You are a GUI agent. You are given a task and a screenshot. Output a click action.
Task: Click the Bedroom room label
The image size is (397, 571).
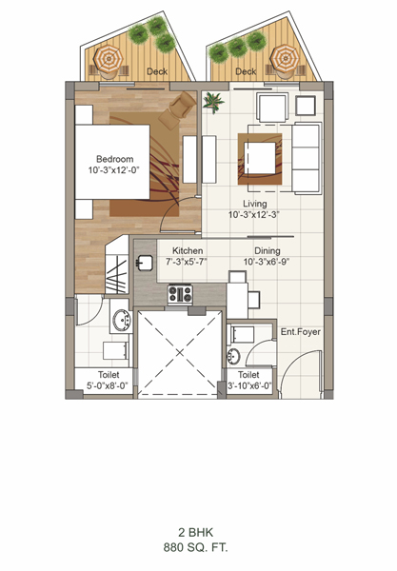115,159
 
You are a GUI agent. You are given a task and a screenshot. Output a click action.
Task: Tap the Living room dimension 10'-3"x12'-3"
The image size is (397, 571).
253,215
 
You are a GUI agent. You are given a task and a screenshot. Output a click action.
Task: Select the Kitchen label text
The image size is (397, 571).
188,250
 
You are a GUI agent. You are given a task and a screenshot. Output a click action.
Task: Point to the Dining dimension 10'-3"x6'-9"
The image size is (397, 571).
267,262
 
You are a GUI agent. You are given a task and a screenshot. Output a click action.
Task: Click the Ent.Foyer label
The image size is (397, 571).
301,332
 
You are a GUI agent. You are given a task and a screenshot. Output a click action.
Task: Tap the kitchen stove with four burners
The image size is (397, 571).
180,294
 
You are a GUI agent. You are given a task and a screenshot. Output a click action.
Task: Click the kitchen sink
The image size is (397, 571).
145,263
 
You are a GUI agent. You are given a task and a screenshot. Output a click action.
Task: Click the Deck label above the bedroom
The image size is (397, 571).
157,71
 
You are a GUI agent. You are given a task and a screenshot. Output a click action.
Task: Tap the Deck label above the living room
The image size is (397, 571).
246,71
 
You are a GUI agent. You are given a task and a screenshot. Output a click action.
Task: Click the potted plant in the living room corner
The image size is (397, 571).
213,102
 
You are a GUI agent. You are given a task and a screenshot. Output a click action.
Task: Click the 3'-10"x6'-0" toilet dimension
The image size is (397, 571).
249,385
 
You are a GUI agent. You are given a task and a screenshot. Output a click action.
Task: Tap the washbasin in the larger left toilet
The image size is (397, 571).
121,321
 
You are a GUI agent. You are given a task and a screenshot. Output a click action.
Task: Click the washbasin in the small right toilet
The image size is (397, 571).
233,356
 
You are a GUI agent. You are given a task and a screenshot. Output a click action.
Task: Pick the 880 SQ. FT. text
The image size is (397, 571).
195,548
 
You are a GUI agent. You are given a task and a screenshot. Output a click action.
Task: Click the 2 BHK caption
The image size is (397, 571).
195,532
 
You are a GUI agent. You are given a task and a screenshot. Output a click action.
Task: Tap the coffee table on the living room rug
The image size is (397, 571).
260,158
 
